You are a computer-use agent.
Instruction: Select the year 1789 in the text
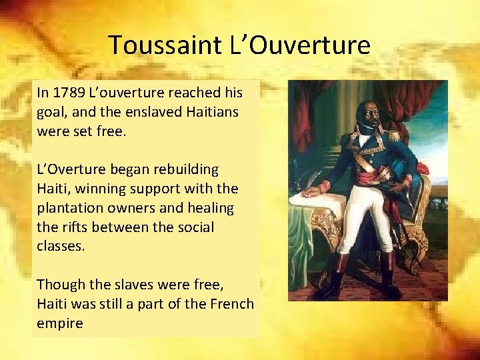click(69, 92)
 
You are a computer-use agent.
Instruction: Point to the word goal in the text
click(51, 111)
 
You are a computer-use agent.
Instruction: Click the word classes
click(60, 246)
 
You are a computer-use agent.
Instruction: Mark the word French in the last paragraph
click(231, 304)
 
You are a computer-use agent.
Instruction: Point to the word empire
click(60, 323)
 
